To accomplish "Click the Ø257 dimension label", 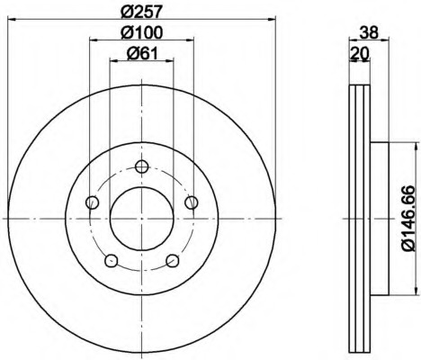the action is tap(142, 12).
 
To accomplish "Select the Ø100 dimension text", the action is tap(142, 32).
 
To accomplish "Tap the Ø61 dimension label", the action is tap(142, 54).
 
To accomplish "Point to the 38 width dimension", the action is tap(369, 32).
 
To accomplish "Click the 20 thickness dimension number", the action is tap(360, 54).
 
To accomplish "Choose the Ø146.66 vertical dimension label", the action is tap(408, 219).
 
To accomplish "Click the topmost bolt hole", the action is tap(141, 166).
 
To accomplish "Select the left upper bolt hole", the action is tap(93, 202).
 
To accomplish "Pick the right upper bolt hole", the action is tap(192, 202).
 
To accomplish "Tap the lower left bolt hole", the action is tap(112, 260).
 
